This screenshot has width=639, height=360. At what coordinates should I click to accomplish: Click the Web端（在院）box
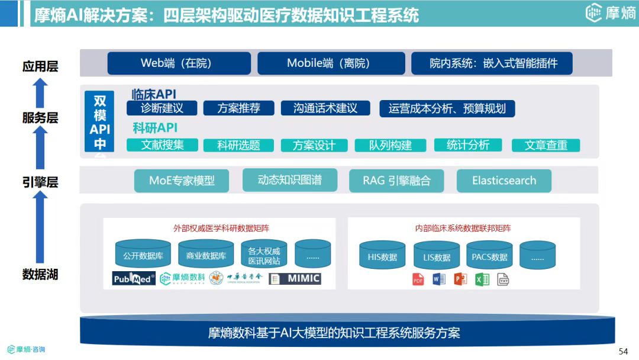pos(179,63)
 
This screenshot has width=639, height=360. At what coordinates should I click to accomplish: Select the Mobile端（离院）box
pos(331,63)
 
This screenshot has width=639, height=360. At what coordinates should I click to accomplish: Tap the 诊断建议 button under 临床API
pos(162,108)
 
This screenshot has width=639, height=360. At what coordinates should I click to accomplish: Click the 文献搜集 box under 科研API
pos(162,145)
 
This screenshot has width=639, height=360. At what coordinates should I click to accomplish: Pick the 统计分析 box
pos(468,145)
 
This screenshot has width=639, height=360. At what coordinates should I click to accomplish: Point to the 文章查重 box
pos(546,145)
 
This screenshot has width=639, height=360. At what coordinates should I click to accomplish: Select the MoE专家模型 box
pos(182,181)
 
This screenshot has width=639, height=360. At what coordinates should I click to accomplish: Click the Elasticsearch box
pos(504,181)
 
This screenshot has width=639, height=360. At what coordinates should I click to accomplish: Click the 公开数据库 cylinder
pos(143,255)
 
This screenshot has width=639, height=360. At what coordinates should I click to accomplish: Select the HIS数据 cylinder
pos(382,256)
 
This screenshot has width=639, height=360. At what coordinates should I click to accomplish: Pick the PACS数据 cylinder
pos(489,256)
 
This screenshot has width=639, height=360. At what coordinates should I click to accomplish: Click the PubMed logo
pos(134,278)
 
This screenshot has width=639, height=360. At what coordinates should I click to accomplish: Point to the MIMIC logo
pos(295,278)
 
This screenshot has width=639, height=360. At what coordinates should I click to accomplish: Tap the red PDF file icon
pos(418,279)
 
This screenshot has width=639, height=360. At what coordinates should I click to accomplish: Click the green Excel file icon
pos(482,279)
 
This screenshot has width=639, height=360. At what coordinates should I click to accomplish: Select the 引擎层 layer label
pos(40,182)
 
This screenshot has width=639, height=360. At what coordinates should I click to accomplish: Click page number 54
pos(623,351)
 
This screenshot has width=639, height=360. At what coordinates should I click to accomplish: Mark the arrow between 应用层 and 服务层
pos(40,92)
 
